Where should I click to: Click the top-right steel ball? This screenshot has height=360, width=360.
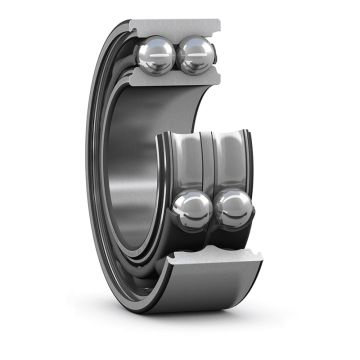[194, 56]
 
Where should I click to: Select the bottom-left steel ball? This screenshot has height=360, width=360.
[193, 209]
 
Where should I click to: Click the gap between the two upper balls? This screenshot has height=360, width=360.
[177, 56]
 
